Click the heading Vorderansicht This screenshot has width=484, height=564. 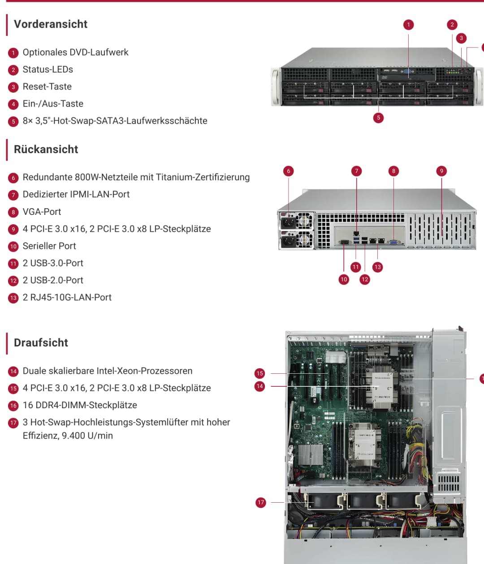tap(51, 24)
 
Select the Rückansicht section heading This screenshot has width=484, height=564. tap(46, 150)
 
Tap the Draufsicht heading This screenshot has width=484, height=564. tap(41, 343)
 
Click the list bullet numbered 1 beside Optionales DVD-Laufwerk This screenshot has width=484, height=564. tap(13, 53)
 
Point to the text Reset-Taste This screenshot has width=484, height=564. tap(47, 86)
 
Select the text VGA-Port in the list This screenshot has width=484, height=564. tap(42, 212)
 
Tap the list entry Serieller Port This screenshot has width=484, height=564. tap(49, 246)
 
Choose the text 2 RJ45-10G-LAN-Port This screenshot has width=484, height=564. tap(67, 297)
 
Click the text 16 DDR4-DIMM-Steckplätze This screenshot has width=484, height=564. tap(80, 405)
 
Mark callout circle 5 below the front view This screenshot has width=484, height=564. tap(378, 118)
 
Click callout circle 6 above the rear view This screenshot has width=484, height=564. tap(289, 171)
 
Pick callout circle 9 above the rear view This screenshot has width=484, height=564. tap(441, 171)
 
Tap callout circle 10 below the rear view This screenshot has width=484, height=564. tap(344, 279)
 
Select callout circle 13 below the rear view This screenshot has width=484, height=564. tap(377, 267)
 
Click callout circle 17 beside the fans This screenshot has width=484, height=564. tap(260, 503)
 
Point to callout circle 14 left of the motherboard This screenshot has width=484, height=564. tap(260, 386)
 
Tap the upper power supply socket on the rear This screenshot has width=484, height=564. tap(288, 222)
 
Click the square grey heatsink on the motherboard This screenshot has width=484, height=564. tap(310, 454)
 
